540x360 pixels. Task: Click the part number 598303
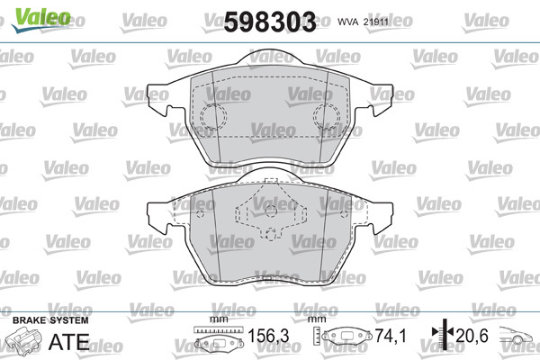(270, 22)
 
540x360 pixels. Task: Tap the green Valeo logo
(41, 19)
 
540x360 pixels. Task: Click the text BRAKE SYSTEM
(50, 320)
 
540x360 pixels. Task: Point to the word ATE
(69, 341)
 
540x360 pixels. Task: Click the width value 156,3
(268, 336)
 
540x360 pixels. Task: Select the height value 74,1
(391, 336)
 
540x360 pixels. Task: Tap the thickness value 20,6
(472, 336)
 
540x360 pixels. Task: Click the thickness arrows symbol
(444, 334)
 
